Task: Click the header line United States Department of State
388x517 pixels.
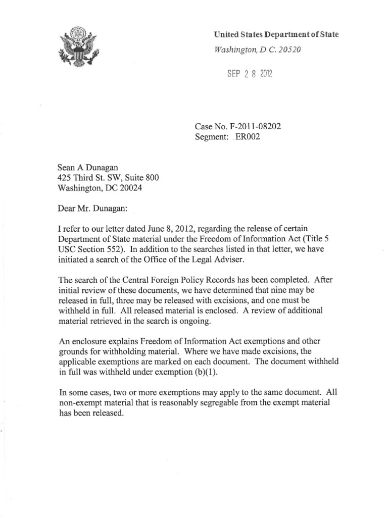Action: tap(276, 34)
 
